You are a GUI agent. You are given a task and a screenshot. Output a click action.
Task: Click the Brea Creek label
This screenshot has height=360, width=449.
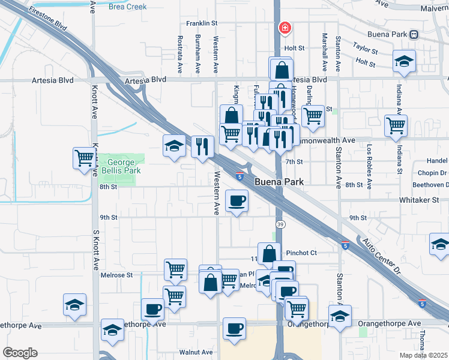(x=128, y=7)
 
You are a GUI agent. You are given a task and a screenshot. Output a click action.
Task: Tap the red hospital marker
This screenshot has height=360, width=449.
(x=285, y=28)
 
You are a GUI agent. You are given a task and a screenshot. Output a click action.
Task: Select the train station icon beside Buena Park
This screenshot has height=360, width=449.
(x=414, y=34)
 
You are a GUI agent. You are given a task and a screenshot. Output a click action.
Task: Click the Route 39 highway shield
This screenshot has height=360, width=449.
(x=280, y=224)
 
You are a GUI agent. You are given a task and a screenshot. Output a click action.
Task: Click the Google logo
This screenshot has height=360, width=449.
(x=20, y=352)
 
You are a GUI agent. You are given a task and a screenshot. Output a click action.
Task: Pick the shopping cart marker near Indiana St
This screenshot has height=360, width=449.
(x=396, y=126)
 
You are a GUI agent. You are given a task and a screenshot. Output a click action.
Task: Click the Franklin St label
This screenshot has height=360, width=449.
(x=200, y=23)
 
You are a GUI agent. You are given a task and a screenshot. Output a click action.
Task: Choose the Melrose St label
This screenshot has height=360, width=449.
(x=116, y=275)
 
